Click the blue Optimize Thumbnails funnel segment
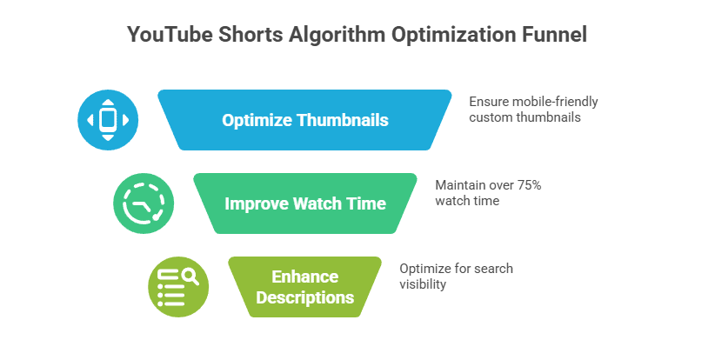pyautogui.click(x=304, y=120)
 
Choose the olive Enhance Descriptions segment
pyautogui.click(x=304, y=287)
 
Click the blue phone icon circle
pyautogui.click(x=108, y=120)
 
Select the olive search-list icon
pyautogui.click(x=178, y=287)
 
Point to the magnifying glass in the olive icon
pyautogui.click(x=190, y=277)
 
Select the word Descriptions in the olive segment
pyautogui.click(x=304, y=297)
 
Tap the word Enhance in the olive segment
pyautogui.click(x=304, y=277)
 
